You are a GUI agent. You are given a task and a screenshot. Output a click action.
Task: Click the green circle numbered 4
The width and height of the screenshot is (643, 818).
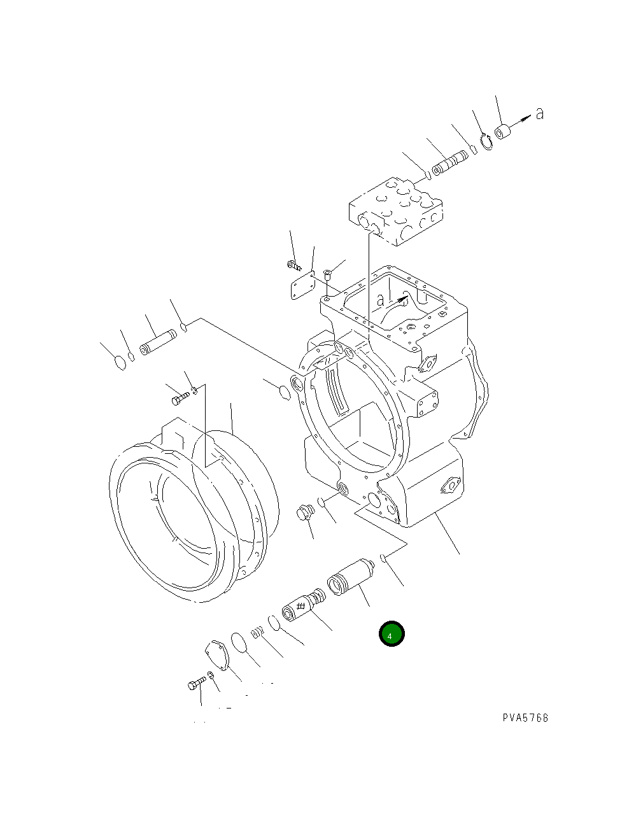pos(391,634)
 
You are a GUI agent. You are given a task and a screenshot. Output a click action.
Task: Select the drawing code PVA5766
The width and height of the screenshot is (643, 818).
pos(525,718)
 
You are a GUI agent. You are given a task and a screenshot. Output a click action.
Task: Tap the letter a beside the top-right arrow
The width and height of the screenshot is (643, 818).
pos(540,114)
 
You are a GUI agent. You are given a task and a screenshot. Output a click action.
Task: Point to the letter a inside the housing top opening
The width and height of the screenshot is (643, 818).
pos(381,299)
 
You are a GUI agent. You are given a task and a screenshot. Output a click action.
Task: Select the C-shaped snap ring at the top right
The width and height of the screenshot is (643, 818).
pos(487,143)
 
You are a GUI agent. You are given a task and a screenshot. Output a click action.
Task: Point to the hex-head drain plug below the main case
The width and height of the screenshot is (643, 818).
pos(305,513)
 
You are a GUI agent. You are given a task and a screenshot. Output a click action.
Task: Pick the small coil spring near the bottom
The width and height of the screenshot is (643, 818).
pos(257,632)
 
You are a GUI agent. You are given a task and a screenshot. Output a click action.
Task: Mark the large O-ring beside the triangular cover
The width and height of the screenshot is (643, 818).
pos(239,642)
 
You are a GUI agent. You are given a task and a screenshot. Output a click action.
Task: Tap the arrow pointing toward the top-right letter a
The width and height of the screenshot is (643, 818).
pos(521,120)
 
